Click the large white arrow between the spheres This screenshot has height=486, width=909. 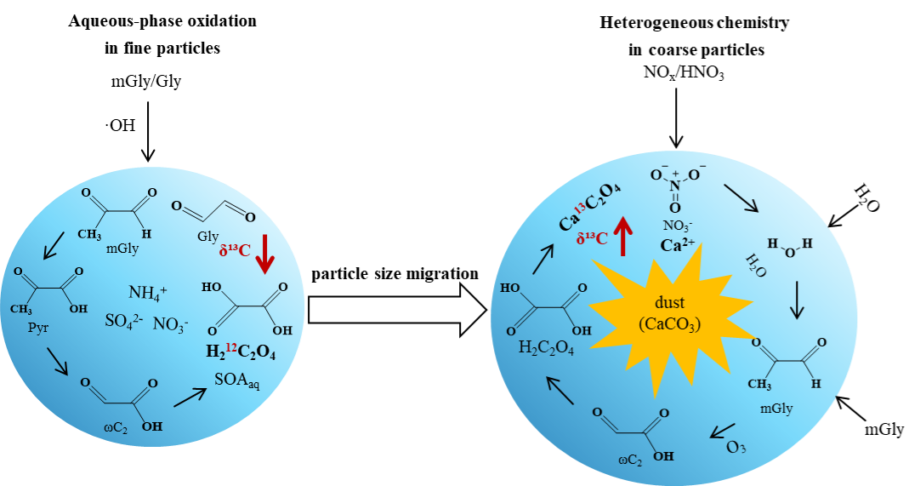coord(395,310)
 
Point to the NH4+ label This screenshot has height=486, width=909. coord(147,293)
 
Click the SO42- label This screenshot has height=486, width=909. coord(122,322)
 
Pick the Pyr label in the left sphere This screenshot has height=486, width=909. coord(38,326)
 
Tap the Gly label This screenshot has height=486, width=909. coord(207,237)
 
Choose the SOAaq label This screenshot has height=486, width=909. coord(237,380)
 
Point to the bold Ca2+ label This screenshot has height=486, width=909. coord(679,245)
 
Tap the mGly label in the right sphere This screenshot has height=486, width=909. coord(776,409)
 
